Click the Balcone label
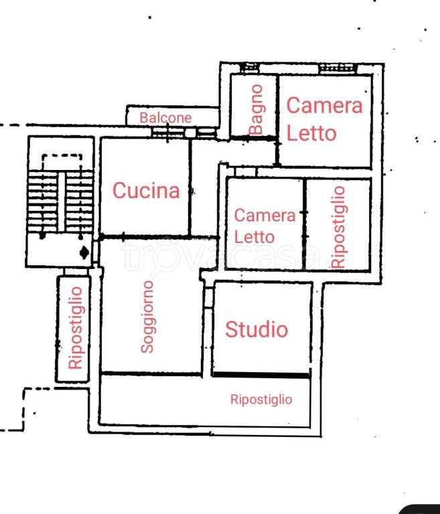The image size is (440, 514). [x=165, y=118]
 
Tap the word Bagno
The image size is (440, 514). [x=256, y=109]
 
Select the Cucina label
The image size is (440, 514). [x=146, y=191]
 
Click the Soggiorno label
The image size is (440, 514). [x=148, y=316]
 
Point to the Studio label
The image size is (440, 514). [x=256, y=329]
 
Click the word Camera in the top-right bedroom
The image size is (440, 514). [x=324, y=106]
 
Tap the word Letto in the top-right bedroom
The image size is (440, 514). [x=311, y=133]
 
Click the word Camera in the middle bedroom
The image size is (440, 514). [x=265, y=216]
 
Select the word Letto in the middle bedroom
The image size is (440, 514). [x=254, y=237]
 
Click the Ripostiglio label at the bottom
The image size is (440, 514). [x=261, y=400]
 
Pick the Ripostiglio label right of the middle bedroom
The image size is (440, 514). [x=338, y=227]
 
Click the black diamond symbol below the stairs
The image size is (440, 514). [x=84, y=252]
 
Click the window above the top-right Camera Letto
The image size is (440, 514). [x=332, y=67]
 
